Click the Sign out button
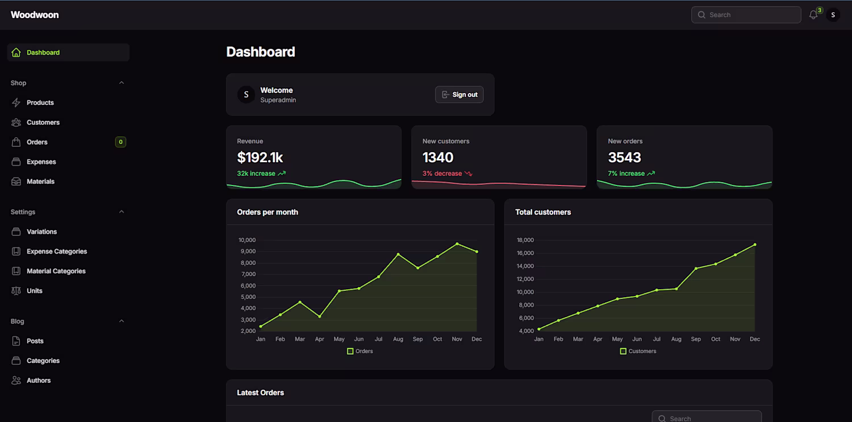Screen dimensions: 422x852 460,95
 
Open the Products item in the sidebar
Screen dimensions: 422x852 40,103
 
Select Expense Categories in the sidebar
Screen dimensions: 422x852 56,251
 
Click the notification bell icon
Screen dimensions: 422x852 813,15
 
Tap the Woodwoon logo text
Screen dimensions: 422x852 35,15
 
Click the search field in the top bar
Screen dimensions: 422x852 746,15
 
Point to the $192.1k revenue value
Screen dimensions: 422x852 260,157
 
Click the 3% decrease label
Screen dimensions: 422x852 442,174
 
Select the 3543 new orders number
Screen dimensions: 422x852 624,157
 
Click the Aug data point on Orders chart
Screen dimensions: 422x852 398,254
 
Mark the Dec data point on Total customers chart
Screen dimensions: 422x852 755,244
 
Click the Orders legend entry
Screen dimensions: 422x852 360,351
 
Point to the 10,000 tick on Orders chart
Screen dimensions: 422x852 247,240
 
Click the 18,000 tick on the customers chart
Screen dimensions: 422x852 525,240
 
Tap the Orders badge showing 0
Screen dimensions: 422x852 120,142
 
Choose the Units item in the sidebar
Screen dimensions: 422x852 34,291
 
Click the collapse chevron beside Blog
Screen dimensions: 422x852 121,321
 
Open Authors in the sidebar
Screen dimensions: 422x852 38,381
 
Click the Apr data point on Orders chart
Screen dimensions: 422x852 320,317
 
